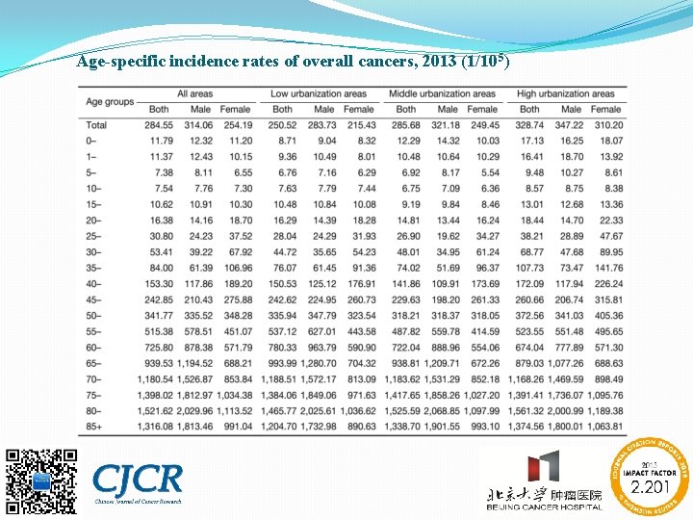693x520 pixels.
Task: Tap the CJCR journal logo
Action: tap(137, 480)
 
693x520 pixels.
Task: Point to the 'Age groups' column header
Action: tap(110, 101)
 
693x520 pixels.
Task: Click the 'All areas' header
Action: tap(195, 93)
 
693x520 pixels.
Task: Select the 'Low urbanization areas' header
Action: tap(319, 93)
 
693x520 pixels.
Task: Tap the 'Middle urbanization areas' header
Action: tap(442, 93)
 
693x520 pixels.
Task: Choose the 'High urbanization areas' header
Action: tap(566, 93)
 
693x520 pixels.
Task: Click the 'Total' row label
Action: tap(97, 125)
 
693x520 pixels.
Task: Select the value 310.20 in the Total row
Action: tap(607, 125)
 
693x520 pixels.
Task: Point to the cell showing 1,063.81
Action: tap(603, 427)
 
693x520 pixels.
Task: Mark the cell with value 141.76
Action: tap(607, 268)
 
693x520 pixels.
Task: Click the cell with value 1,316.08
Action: tap(154, 427)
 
